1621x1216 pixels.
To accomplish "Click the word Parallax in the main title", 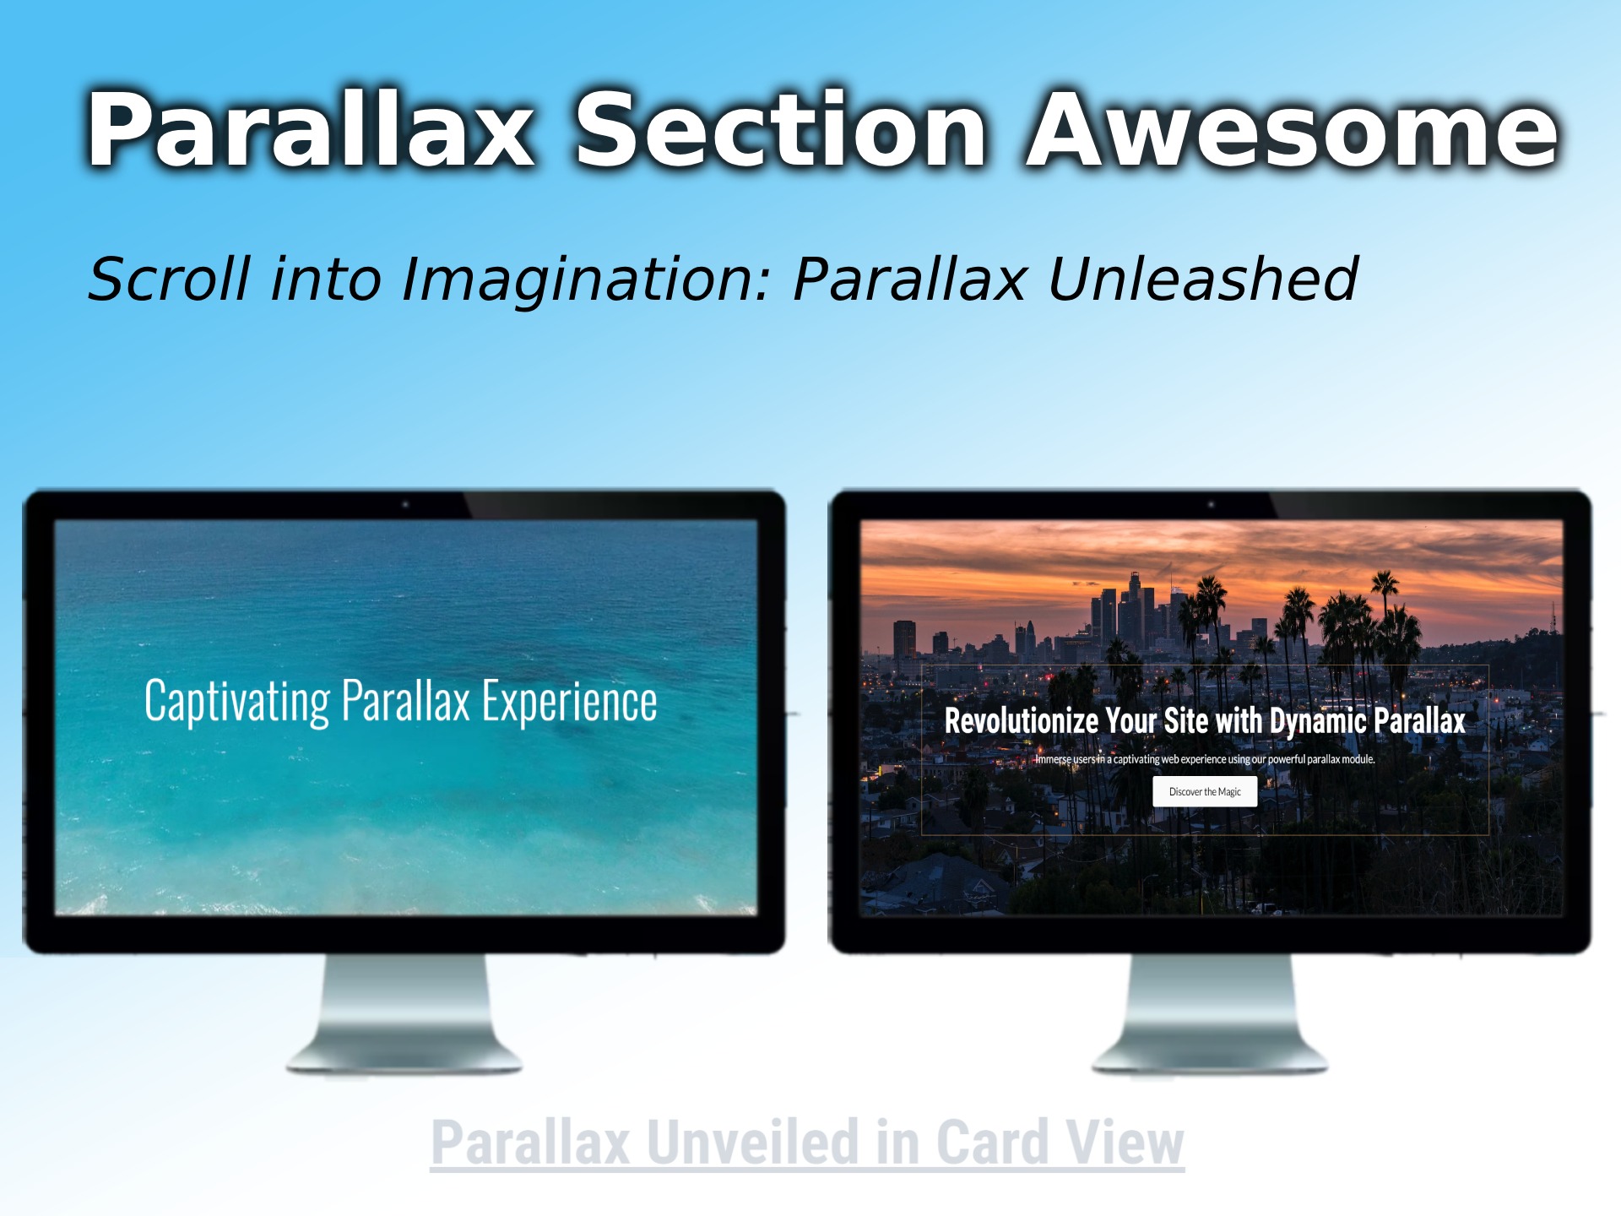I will [x=311, y=131].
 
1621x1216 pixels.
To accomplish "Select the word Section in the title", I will [x=780, y=131].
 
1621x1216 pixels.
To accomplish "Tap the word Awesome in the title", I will [x=1292, y=131].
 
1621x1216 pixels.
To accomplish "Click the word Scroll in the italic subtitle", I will [x=169, y=280].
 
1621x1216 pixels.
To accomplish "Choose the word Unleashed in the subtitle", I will [x=1202, y=280].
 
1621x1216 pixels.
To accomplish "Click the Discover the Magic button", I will [x=1205, y=792].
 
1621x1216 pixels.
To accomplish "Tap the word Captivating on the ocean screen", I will [x=237, y=702].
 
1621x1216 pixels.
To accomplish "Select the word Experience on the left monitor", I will [x=569, y=702].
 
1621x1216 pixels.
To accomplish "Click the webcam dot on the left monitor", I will [x=405, y=504].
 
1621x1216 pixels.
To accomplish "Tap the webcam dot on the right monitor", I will [x=1211, y=504].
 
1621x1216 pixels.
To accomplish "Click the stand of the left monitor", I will [x=404, y=1013].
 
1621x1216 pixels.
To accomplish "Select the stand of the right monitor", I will [x=1210, y=1013].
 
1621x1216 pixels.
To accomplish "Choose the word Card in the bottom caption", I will [x=992, y=1143].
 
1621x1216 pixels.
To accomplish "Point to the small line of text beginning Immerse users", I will [x=1205, y=759].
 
